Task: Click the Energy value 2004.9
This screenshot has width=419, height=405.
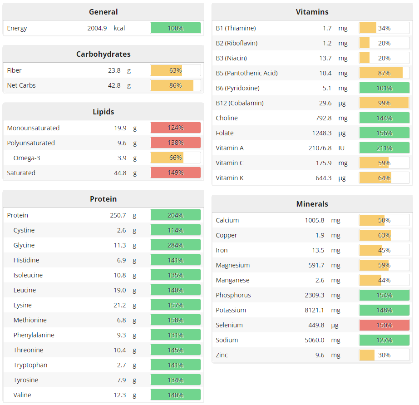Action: coord(97,28)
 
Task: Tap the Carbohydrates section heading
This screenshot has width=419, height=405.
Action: coord(103,54)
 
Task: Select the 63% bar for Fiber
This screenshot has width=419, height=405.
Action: coord(175,70)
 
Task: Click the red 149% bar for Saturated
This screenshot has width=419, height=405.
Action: coord(175,173)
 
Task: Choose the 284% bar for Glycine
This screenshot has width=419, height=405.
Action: coord(175,245)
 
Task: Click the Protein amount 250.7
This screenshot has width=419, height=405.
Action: coord(118,215)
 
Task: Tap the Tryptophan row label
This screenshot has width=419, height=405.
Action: coord(30,365)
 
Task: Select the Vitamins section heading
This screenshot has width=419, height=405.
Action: coord(312,12)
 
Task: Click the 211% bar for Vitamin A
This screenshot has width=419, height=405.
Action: coord(384,148)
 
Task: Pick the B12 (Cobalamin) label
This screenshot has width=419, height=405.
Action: coord(239,103)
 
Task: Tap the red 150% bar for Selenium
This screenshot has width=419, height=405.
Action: coord(384,325)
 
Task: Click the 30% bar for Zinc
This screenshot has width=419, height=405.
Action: coord(384,355)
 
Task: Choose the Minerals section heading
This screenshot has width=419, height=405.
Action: coord(312,204)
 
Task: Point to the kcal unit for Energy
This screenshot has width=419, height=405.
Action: coord(119,28)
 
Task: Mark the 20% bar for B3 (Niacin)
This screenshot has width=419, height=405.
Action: coord(384,58)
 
